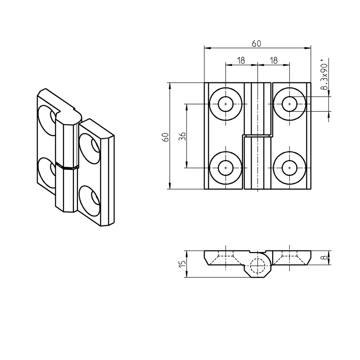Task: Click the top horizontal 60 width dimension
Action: click(256, 44)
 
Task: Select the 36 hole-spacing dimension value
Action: click(182, 137)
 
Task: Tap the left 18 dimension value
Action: click(241, 60)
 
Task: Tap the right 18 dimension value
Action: click(273, 60)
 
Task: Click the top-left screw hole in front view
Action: click(225, 104)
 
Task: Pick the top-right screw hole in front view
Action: click(289, 104)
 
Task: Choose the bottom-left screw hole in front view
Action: click(225, 168)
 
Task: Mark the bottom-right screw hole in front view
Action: click(289, 168)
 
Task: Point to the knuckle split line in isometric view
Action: click(66, 166)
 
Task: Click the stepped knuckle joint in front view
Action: click(258, 135)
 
